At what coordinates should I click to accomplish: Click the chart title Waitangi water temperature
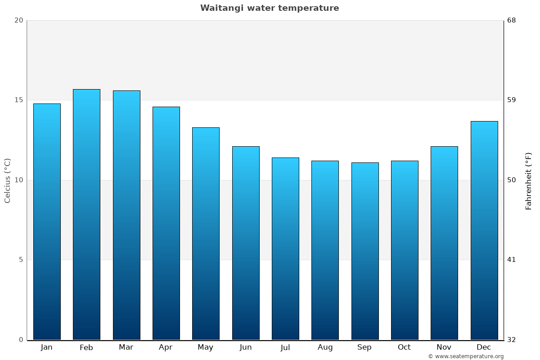270,8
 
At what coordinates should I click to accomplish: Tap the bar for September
365,251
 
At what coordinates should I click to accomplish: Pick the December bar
484,230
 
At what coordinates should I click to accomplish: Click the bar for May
206,234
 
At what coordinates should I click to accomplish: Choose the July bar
285,248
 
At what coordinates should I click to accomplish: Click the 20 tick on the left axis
18,20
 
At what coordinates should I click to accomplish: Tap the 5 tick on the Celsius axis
20,260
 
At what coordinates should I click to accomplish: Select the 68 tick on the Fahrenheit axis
512,20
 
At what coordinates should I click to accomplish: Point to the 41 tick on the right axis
512,260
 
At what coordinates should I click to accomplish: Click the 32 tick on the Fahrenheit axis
512,340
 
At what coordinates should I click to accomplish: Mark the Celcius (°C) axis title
8,180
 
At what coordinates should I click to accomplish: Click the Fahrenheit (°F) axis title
529,180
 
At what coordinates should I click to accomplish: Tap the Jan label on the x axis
46,347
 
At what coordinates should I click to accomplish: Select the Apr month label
166,347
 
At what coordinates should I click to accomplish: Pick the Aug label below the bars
325,347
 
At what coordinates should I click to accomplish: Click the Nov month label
444,347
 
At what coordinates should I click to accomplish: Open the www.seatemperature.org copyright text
466,356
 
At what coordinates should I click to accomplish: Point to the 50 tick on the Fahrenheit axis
512,180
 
